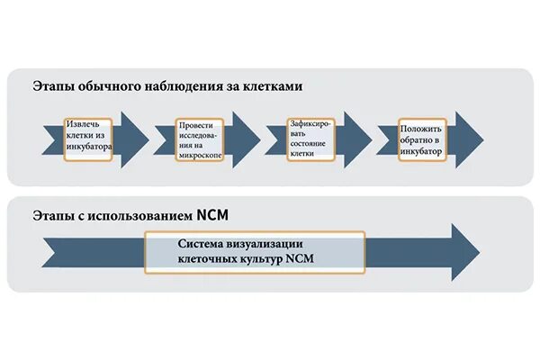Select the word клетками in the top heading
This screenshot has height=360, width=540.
(274, 86)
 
